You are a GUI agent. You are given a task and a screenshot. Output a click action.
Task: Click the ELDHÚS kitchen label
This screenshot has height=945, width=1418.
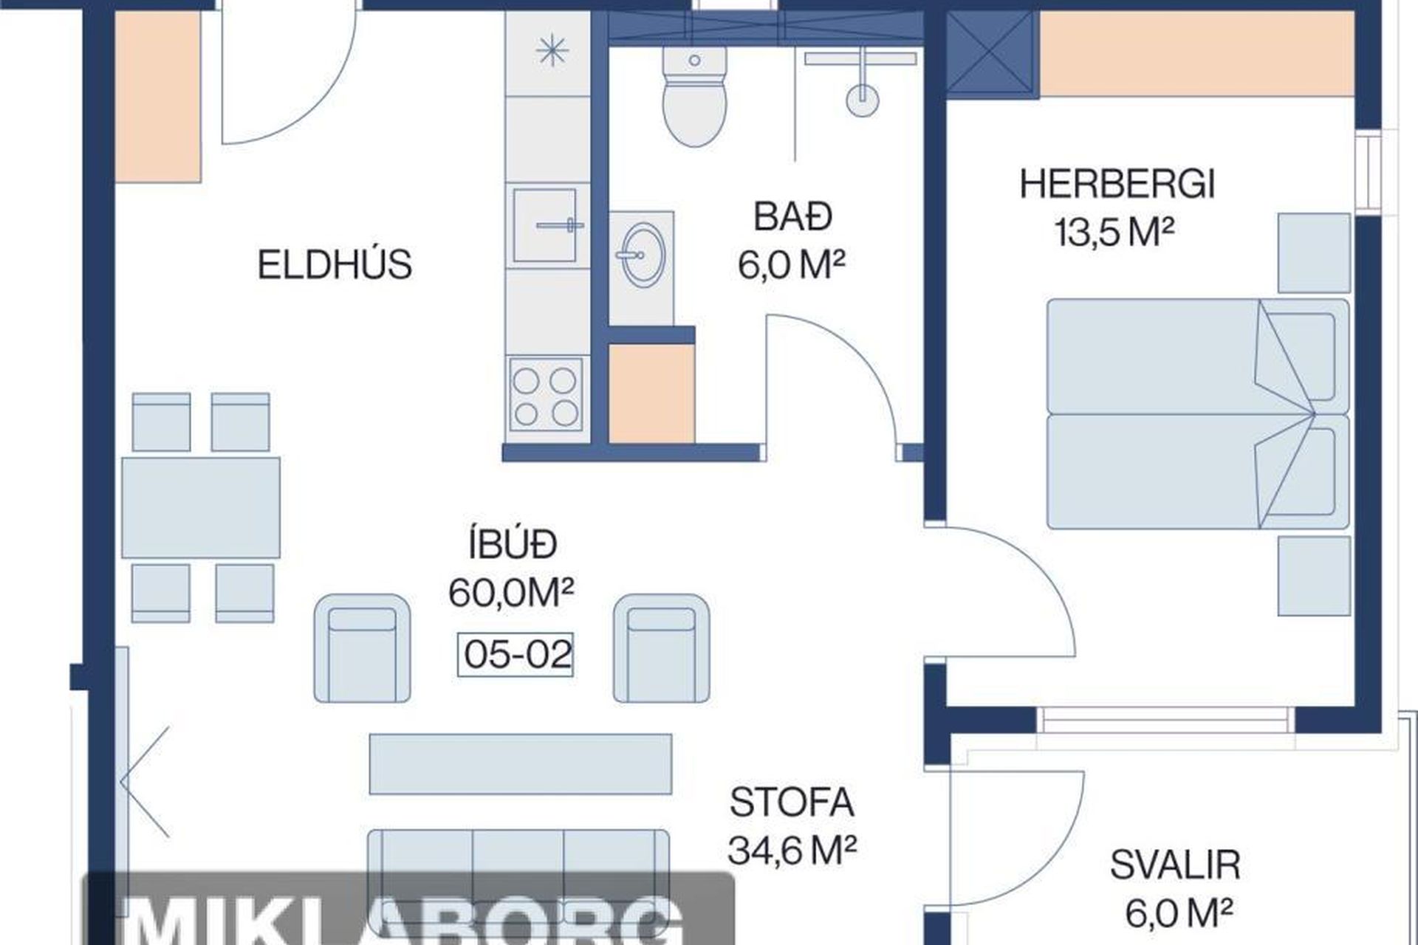(335, 265)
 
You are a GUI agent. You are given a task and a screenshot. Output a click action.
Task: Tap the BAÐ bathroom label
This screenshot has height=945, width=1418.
(792, 216)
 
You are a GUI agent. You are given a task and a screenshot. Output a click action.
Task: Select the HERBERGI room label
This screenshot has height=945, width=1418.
(1117, 185)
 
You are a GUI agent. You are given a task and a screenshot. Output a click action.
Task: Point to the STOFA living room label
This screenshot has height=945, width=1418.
(792, 803)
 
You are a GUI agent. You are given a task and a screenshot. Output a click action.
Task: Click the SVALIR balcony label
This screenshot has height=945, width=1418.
(1175, 865)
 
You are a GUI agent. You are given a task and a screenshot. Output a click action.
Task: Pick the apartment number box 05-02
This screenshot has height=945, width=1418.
(516, 655)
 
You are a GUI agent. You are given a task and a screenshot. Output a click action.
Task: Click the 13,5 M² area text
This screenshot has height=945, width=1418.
(1114, 233)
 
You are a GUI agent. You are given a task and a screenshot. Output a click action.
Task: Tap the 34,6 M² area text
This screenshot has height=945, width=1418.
(792, 850)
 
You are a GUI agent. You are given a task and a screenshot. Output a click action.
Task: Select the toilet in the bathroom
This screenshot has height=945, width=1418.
(693, 97)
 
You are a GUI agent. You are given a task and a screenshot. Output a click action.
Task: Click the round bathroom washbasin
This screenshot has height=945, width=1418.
(641, 255)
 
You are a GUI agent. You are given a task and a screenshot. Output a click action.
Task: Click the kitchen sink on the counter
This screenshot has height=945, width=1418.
(545, 224)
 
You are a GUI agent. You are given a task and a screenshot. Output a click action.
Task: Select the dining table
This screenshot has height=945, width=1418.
(201, 508)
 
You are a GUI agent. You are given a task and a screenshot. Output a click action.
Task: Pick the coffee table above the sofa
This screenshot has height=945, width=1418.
(521, 764)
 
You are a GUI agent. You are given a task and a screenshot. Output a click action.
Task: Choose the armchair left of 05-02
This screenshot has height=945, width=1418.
(363, 648)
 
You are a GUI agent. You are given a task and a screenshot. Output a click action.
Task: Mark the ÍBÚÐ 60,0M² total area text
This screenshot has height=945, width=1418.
(512, 569)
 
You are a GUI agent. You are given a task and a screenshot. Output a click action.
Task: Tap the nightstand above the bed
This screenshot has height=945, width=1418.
(1315, 253)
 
